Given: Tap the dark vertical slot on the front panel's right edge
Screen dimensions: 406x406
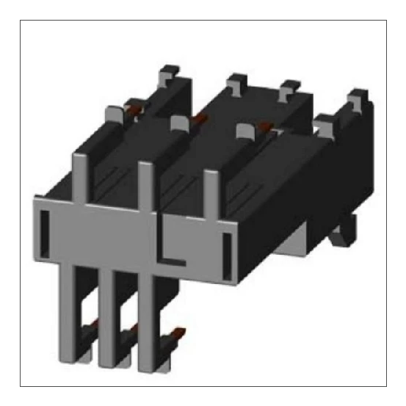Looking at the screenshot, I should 226,247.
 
